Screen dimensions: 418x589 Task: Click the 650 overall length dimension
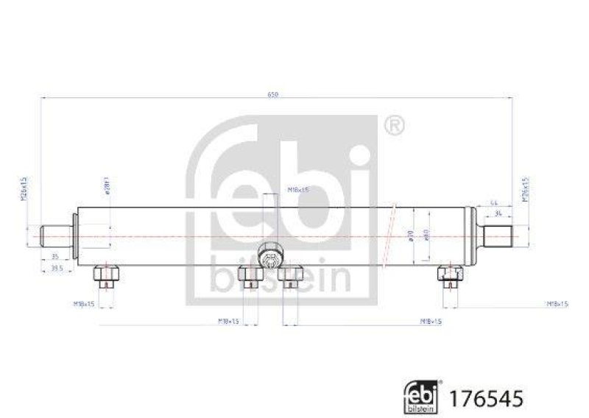point(274,95)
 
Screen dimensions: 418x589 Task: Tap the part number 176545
point(492,398)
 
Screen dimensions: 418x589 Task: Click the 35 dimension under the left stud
point(56,256)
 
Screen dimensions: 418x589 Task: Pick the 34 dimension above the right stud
point(499,213)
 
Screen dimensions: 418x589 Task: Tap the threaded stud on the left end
point(54,235)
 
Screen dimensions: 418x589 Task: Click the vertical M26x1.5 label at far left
point(24,188)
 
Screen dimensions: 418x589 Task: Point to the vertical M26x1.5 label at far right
point(526,188)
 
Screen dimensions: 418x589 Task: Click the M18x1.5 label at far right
point(556,303)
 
